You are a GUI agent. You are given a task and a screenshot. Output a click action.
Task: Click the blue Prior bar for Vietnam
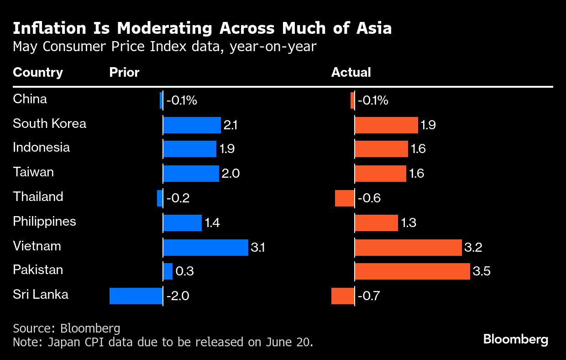point(205,247)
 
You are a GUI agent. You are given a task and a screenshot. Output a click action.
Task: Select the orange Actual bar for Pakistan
point(412,271)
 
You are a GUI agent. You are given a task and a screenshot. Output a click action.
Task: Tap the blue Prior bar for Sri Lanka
point(136,296)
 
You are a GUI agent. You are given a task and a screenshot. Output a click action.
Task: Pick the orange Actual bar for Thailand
point(345,198)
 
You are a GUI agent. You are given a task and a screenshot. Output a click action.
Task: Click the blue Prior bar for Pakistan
point(168,271)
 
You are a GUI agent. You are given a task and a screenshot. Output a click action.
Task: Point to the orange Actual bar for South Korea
point(386,125)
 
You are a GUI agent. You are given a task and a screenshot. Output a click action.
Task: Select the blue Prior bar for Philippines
point(183,223)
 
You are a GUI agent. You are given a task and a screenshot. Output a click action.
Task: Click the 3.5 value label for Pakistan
point(482,271)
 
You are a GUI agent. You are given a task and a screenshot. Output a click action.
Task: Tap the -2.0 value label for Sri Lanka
point(177,296)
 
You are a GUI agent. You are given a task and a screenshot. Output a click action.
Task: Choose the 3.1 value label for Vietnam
point(258,248)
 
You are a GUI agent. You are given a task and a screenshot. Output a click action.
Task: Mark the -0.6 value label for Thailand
point(369,198)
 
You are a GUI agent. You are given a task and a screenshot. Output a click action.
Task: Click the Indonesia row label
point(42,148)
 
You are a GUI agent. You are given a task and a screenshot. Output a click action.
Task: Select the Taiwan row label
point(33,172)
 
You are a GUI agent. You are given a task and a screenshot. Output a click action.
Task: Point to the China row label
point(30,99)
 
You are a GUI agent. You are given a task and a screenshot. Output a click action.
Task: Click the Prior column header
point(124,72)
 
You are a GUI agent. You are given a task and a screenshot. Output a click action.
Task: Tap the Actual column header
point(351,72)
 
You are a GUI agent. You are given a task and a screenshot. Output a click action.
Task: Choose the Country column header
point(38,72)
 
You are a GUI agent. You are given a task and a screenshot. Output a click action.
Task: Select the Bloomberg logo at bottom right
point(515,339)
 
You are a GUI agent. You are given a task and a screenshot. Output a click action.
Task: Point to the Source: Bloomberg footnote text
point(67,328)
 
